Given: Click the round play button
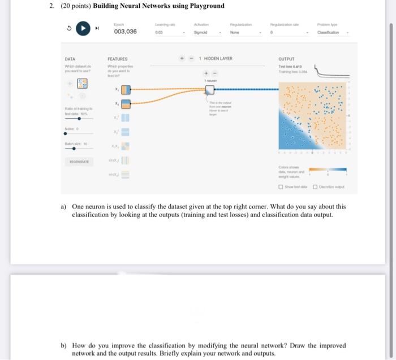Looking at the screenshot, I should (x=84, y=28).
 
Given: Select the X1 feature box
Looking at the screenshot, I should (x=126, y=89).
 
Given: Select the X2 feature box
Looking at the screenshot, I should (x=126, y=103).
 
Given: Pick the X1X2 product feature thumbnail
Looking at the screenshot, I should (x=126, y=146).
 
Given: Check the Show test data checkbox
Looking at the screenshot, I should (x=281, y=187).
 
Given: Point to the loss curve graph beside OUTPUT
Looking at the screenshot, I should (x=330, y=71).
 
